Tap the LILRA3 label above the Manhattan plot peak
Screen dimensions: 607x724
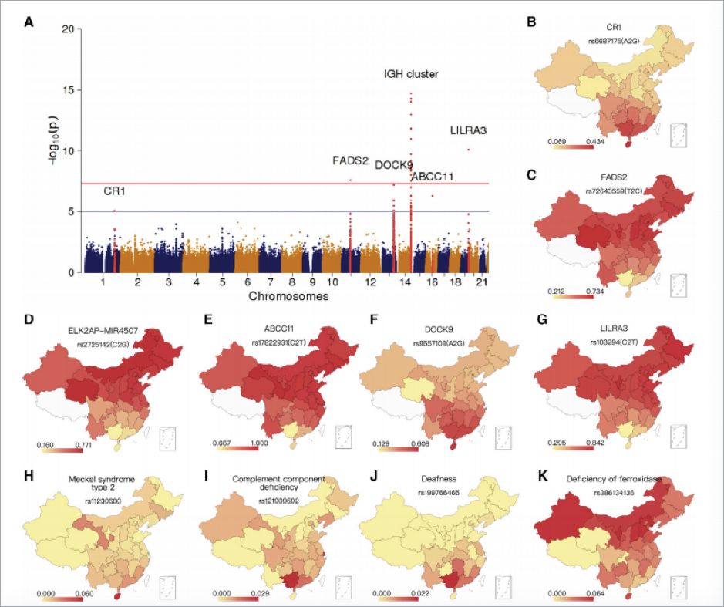[468, 130]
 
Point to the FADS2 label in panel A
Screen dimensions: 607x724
[350, 161]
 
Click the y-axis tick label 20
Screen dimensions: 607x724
[69, 29]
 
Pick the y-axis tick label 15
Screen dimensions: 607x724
[69, 89]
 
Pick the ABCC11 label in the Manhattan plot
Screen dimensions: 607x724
[432, 177]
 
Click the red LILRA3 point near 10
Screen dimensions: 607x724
[468, 150]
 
